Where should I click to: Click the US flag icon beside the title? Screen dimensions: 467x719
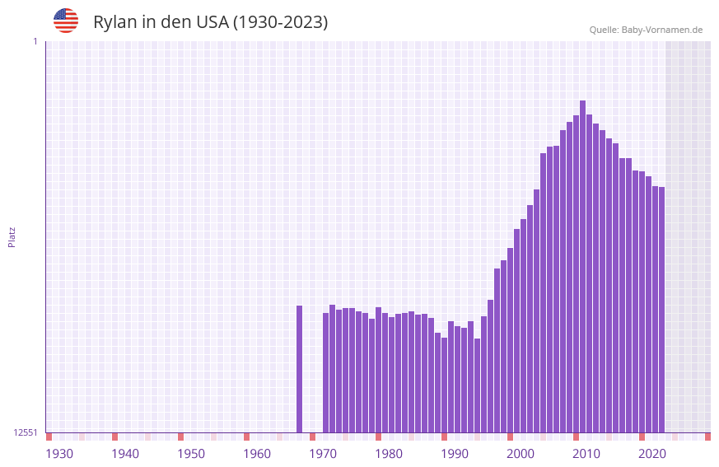(66, 21)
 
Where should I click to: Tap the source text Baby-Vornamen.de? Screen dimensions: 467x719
(662, 30)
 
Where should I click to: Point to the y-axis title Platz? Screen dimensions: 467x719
(12, 237)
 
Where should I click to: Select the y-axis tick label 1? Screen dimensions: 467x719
(35, 41)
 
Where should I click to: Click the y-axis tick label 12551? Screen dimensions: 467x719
(26, 432)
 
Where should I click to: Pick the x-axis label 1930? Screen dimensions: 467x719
(59, 454)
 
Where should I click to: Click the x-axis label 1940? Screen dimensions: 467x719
(125, 454)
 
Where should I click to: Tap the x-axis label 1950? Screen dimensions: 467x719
(191, 454)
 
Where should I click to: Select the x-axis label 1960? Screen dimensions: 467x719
(257, 454)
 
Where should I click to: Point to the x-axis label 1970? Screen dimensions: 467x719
(323, 454)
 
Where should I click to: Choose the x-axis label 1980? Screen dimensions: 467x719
(389, 454)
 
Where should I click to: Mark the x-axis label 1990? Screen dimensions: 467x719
(455, 454)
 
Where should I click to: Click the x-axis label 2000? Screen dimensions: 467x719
(521, 454)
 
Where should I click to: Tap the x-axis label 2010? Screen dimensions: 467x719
(586, 454)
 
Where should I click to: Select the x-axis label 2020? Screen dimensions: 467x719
(652, 454)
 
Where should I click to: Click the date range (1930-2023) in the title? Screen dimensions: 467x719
(281, 22)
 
